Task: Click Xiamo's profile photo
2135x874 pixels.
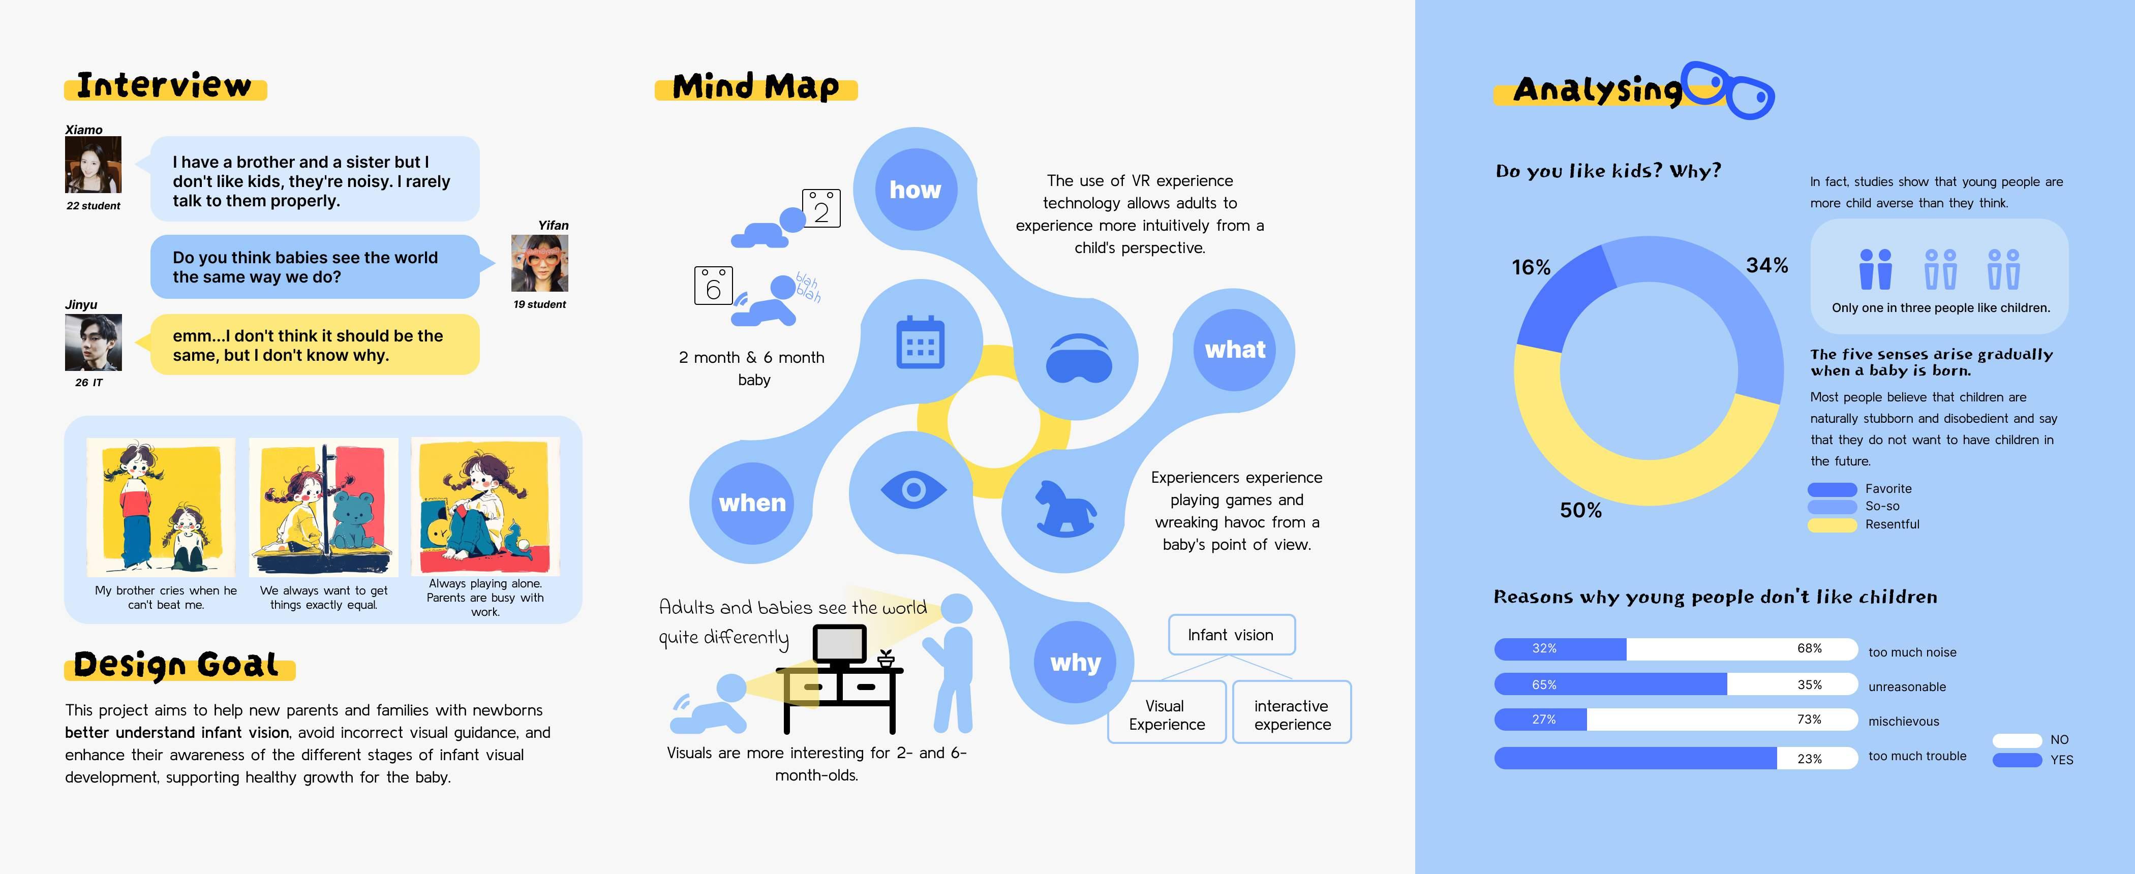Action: (93, 165)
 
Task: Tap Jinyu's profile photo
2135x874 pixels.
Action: (93, 342)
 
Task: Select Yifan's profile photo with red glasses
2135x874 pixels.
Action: (539, 263)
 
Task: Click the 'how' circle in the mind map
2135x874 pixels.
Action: (915, 190)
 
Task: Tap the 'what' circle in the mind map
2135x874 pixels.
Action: (1234, 350)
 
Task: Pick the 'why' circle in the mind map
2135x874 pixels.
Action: (1075, 662)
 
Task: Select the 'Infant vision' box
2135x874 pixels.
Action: (1231, 635)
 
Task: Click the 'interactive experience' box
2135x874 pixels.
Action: (1291, 713)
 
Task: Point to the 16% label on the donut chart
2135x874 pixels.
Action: (1530, 267)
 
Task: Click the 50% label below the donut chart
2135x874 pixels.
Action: (1580, 510)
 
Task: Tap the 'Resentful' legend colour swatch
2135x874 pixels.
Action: (1832, 524)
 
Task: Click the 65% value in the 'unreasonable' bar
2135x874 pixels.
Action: (1544, 684)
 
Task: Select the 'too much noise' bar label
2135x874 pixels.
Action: (1912, 652)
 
